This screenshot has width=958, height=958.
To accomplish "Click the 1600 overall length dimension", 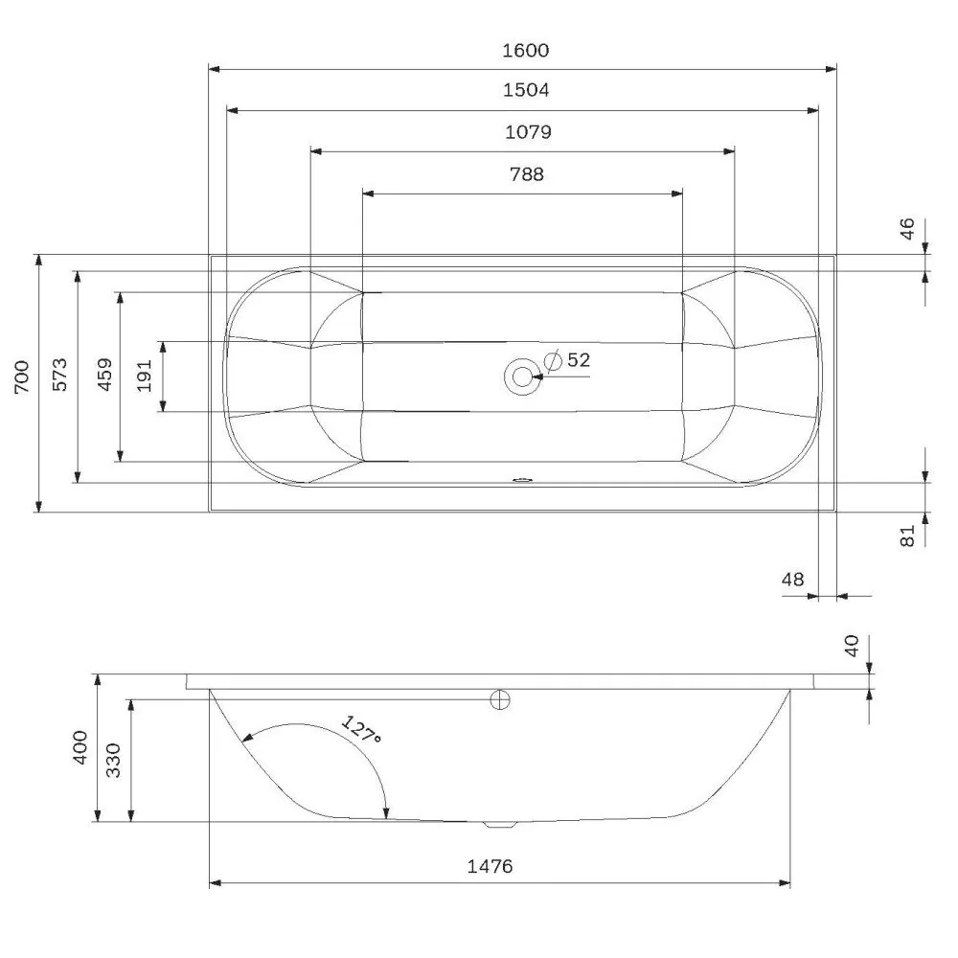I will pyautogui.click(x=526, y=51).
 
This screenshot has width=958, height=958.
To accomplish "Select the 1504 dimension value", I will pyautogui.click(x=526, y=91).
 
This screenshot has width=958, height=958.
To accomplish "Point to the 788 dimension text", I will pyautogui.click(x=526, y=173).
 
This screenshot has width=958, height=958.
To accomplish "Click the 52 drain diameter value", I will pyautogui.click(x=579, y=360).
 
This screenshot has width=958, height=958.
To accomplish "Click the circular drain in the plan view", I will pyautogui.click(x=522, y=376).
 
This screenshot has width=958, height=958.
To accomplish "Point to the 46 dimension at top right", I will pyautogui.click(x=907, y=229).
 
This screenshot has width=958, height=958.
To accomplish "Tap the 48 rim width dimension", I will pyautogui.click(x=792, y=579).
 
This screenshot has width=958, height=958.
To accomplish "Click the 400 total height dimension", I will pyautogui.click(x=80, y=747).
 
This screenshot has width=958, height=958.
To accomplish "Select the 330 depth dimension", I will pyautogui.click(x=113, y=759).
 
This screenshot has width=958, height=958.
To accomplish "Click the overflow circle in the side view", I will pyautogui.click(x=499, y=699).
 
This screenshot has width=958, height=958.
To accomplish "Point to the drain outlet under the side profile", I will pyautogui.click(x=499, y=823).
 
